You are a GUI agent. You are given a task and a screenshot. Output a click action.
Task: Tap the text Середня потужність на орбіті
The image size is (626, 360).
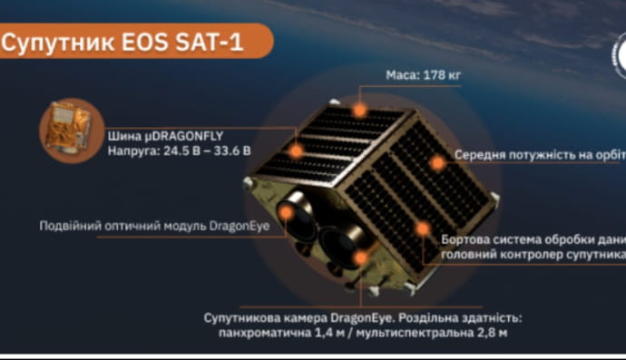click(x=539, y=155)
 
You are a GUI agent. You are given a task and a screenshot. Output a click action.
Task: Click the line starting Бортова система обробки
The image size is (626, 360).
click(x=533, y=239)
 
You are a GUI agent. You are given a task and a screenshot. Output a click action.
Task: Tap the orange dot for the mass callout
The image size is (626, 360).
click(x=360, y=111)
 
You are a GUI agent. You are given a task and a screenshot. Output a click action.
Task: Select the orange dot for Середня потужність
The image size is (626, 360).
click(x=438, y=162)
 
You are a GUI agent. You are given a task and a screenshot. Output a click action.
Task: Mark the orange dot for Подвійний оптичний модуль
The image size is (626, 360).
click(x=287, y=214)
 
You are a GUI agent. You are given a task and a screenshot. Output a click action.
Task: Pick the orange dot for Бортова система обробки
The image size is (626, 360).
click(x=422, y=229)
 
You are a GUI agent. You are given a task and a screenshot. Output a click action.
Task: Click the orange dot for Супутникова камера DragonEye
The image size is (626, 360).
click(x=360, y=258)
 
